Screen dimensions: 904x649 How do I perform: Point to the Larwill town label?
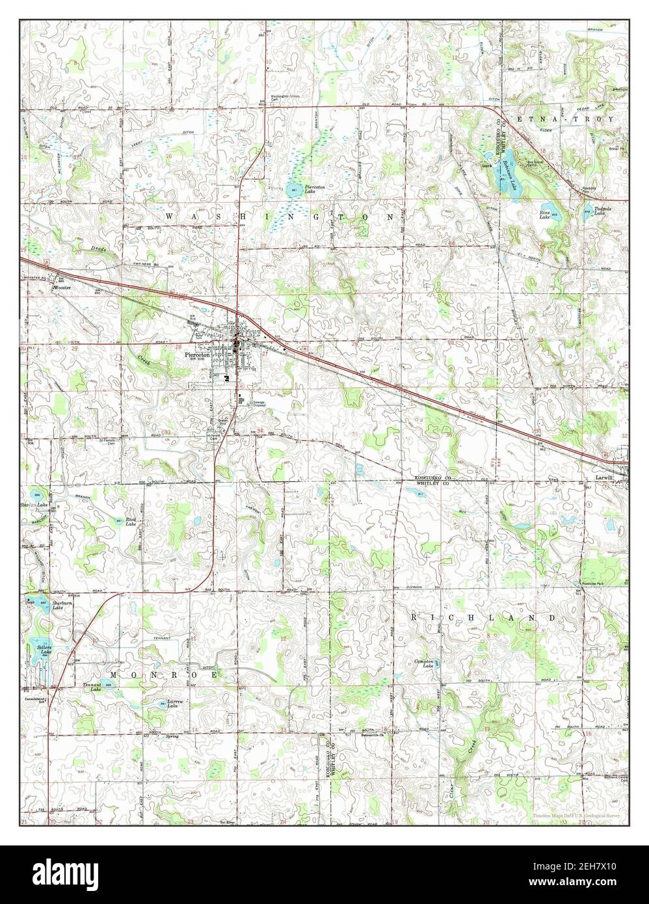coord(604,476)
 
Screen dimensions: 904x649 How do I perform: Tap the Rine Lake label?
coord(545,215)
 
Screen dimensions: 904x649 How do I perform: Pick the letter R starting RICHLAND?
coord(414,617)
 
